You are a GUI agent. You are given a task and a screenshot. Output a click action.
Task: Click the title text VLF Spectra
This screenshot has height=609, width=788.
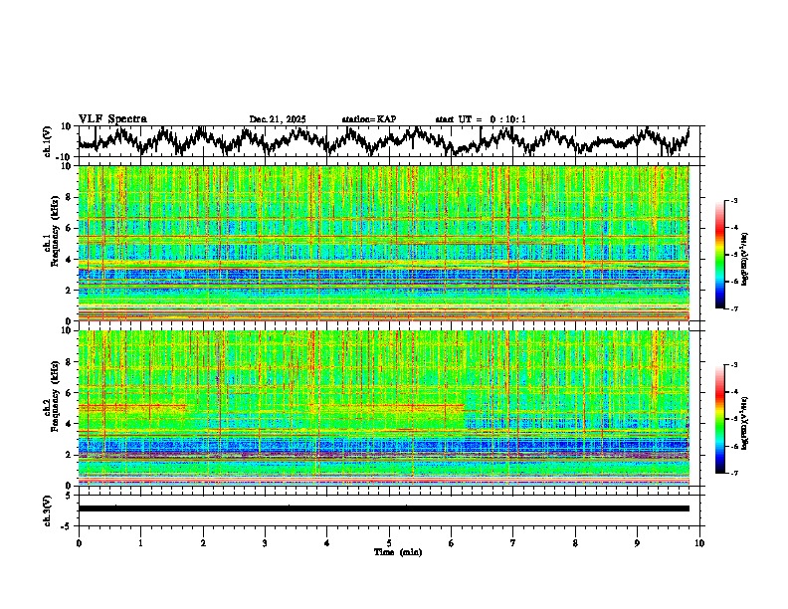click(x=112, y=119)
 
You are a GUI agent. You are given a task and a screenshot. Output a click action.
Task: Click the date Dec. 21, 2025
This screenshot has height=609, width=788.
click(x=278, y=119)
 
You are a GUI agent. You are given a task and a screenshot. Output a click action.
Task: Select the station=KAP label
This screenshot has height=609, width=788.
click(x=369, y=119)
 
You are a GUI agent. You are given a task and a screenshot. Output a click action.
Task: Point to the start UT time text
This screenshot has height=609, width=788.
click(x=481, y=119)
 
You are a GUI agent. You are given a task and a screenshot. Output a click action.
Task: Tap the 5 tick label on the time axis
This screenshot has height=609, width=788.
click(x=389, y=542)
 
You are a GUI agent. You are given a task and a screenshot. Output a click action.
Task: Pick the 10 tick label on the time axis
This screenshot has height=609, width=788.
click(x=699, y=542)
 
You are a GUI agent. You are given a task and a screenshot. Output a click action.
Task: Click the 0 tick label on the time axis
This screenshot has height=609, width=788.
click(x=79, y=542)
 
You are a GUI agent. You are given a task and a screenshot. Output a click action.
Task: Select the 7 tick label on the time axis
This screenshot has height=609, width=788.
click(x=513, y=542)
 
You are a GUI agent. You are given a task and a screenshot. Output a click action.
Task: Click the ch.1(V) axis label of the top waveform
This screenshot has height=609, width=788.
click(x=48, y=141)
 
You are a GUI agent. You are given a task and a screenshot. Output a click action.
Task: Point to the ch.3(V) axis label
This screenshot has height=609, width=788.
click(x=48, y=507)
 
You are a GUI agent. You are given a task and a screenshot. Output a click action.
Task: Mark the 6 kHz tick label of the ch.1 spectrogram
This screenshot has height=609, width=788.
click(x=69, y=228)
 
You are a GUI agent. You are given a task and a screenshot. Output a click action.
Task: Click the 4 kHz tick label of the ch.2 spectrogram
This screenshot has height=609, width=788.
click(x=69, y=423)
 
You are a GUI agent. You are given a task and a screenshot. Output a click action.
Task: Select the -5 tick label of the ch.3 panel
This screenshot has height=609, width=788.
click(x=66, y=524)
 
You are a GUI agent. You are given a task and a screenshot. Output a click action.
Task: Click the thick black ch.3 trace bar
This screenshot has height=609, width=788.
click(x=383, y=508)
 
